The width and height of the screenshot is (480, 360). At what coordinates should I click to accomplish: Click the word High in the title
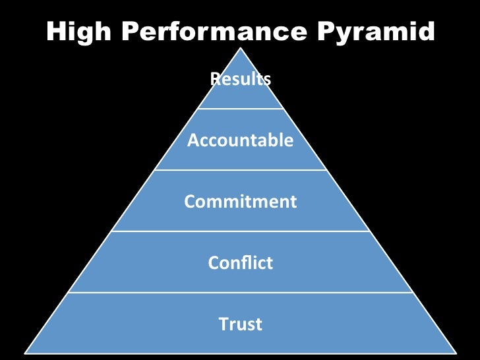click(x=75, y=32)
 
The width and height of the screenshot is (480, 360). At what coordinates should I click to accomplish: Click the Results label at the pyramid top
click(x=241, y=80)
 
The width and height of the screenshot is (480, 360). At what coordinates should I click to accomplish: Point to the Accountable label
click(x=241, y=140)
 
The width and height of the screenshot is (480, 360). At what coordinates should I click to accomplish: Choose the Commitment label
click(x=241, y=201)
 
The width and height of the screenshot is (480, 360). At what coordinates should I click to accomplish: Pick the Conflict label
click(x=241, y=263)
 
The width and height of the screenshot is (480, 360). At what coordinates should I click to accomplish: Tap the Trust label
click(x=241, y=324)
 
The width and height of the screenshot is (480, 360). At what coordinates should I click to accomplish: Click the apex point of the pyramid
click(x=241, y=47)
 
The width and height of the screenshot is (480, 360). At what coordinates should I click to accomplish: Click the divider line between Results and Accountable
click(x=241, y=109)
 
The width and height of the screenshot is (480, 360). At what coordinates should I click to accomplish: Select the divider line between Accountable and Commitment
click(x=241, y=170)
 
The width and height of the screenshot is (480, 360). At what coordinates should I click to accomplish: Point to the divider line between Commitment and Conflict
click(x=241, y=231)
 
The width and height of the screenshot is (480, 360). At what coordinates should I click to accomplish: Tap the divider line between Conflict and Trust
click(x=241, y=292)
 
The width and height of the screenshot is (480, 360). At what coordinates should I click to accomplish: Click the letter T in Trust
click(x=223, y=324)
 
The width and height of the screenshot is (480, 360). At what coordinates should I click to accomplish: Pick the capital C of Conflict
click(x=214, y=263)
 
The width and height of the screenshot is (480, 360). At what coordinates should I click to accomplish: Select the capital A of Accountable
click(x=193, y=140)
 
